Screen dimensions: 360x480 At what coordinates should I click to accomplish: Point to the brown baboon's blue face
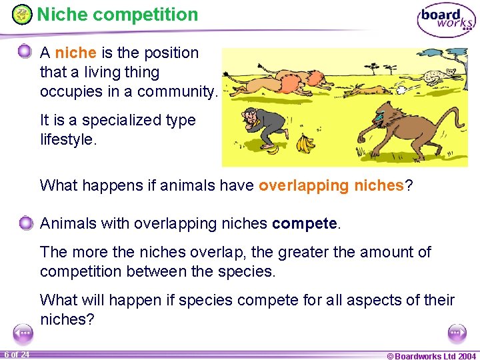[379, 121]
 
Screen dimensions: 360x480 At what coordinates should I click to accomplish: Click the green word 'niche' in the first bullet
[75, 53]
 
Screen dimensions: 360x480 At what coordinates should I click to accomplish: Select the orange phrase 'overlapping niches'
[331, 185]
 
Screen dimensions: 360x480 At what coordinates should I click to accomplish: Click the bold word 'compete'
[305, 223]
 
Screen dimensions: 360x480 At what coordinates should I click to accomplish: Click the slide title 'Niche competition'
[117, 14]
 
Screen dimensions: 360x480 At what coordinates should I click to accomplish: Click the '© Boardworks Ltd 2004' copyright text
[431, 355]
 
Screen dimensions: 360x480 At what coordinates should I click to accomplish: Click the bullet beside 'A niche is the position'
[25, 51]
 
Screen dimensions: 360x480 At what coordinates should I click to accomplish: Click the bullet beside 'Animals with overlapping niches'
[25, 223]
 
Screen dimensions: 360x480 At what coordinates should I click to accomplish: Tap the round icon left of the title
[22, 14]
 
